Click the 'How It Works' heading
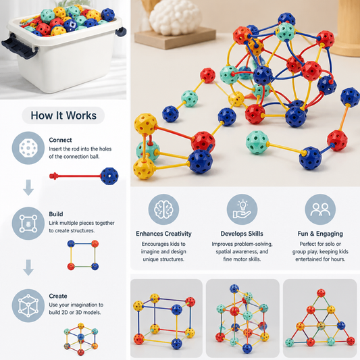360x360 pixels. coord(63,115)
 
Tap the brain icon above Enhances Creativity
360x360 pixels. coord(163,209)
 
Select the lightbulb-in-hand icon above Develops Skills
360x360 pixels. coord(242,209)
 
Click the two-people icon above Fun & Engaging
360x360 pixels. coord(320,209)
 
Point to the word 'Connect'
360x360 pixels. coord(60,140)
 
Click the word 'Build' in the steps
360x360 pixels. coord(56,214)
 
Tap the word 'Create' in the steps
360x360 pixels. coord(58,296)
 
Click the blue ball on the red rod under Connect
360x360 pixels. coord(109,176)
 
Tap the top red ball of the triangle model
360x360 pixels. coord(321,293)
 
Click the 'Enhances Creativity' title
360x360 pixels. coord(163,234)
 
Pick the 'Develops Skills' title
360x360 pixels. coord(242,234)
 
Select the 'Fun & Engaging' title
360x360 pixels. coord(320,234)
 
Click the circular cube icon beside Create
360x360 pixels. coord(28,305)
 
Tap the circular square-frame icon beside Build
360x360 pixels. coord(28,224)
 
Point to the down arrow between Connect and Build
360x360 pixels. coord(28,188)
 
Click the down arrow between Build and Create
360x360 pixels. coord(28,267)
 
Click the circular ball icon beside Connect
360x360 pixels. coord(28,148)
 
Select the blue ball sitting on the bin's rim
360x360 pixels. coord(107,15)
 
